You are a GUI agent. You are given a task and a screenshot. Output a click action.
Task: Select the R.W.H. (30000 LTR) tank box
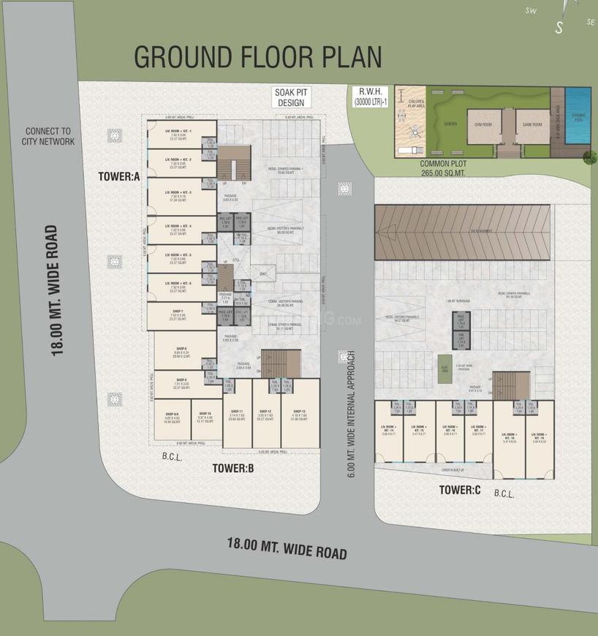point(369,98)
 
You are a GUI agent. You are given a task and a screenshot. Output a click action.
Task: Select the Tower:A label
point(119,176)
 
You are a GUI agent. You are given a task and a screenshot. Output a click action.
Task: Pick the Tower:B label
point(233,468)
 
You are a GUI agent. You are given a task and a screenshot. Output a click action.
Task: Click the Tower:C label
point(459,489)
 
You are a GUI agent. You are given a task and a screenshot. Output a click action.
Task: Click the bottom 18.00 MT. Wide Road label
point(287,548)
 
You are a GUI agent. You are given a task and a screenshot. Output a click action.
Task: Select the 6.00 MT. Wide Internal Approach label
point(351,413)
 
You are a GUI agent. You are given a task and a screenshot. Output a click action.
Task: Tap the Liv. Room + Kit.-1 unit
point(179,134)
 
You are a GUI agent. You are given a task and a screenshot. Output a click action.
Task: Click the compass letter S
point(559,28)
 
